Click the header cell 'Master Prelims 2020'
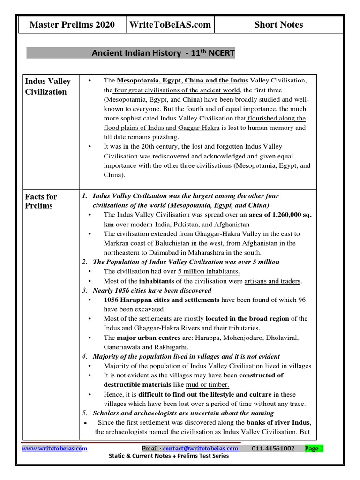tap(72, 25)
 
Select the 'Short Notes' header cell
tap(278, 25)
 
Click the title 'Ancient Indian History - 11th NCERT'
tap(164, 53)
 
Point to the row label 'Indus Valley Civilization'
tap(48, 86)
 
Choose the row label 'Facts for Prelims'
tap(41, 201)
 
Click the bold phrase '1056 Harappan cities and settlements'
tap(161, 300)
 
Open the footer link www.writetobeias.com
tap(55, 448)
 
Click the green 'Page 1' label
tap(314, 448)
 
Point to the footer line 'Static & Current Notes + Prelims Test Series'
tap(169, 456)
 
